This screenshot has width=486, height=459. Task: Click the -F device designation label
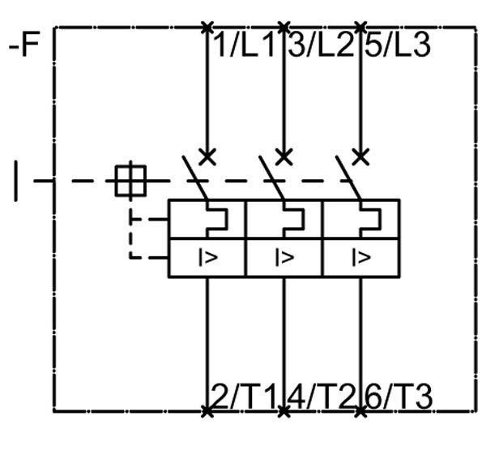click(x=23, y=45)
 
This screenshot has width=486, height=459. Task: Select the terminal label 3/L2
click(x=321, y=45)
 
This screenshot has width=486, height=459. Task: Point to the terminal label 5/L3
click(x=397, y=45)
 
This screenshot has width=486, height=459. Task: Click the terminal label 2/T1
click(x=245, y=397)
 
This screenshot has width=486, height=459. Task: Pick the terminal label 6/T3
click(x=398, y=397)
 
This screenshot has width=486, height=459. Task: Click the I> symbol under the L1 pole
click(x=208, y=259)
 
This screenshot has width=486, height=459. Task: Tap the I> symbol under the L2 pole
click(x=284, y=259)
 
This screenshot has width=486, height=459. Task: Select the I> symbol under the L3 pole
click(x=361, y=259)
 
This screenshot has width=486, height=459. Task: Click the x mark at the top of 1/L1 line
click(x=207, y=27)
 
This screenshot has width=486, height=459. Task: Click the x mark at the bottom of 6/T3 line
click(x=360, y=411)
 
